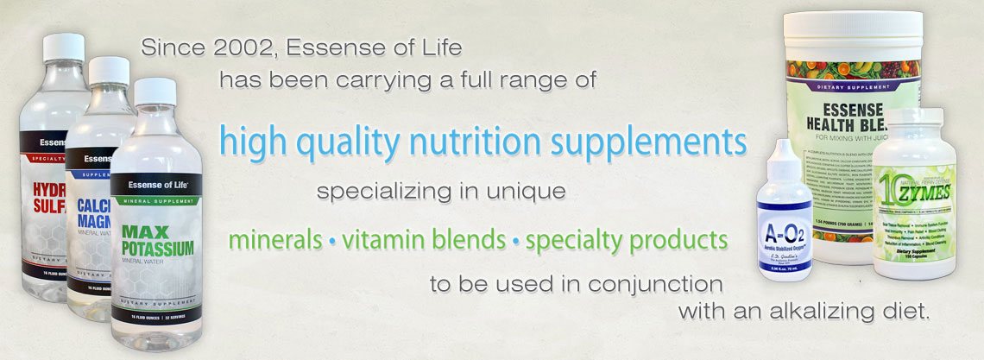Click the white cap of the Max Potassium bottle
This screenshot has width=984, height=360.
coord(155,92)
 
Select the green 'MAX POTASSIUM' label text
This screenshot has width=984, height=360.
coord(157,241)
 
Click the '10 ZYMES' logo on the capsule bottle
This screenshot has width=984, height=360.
coord(914,181)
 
